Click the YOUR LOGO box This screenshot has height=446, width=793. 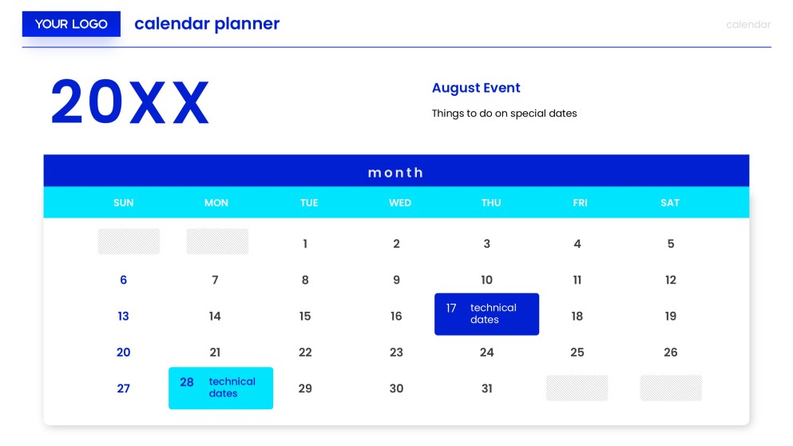71,24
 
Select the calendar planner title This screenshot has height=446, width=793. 207,24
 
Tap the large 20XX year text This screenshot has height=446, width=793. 129,103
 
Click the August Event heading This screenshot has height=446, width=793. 476,88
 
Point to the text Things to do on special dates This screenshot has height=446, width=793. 504,113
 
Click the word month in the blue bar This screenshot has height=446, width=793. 395,173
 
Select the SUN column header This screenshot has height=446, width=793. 124,203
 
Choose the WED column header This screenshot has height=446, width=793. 400,203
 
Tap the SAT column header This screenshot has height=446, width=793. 670,203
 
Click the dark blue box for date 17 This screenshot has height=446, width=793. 486,314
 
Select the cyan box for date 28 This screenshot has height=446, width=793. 220,388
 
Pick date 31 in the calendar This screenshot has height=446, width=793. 487,388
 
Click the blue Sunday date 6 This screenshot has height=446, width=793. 124,281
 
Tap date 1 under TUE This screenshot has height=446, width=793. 305,244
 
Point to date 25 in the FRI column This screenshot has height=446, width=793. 577,352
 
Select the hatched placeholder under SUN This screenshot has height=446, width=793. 129,241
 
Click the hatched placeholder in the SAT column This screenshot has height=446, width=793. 671,388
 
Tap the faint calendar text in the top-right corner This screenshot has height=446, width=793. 748,25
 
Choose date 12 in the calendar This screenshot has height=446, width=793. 671,281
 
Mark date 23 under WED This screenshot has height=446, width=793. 396,352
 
